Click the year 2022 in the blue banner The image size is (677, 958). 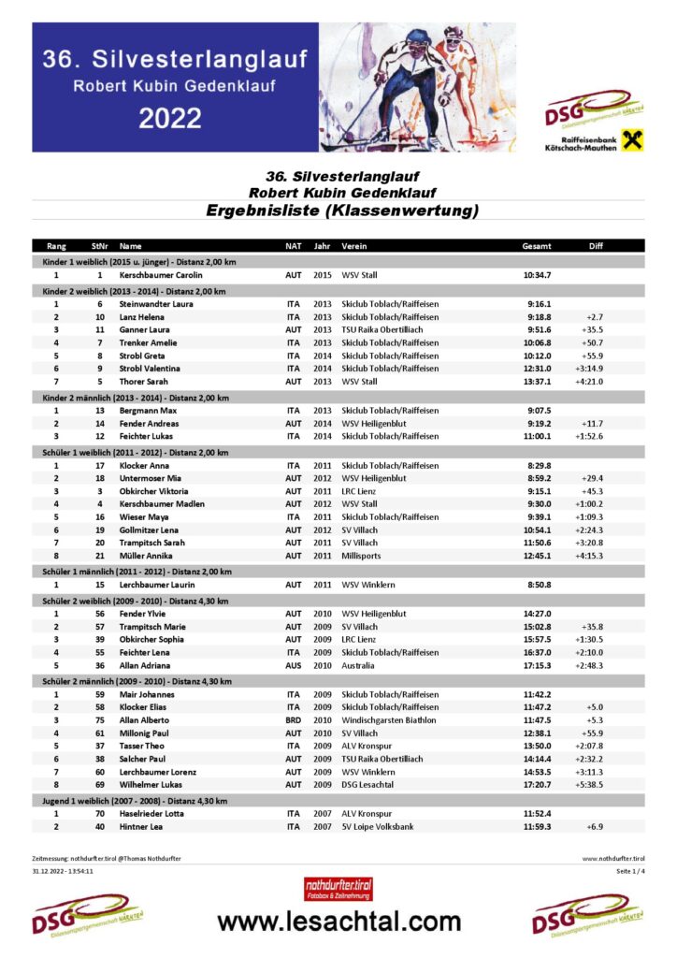coord(170,119)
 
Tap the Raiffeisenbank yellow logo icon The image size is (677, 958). coord(632,140)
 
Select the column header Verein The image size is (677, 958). coord(353,246)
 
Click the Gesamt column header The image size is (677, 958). coord(536,246)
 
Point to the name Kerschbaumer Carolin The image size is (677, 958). coord(160,276)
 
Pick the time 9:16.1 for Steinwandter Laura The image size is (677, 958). coord(539,304)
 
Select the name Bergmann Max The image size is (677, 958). coord(148,411)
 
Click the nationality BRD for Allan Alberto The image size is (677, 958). coord(293,720)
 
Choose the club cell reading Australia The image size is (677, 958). coord(358,665)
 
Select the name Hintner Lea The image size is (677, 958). coord(141,827)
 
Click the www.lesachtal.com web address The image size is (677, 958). coord(338,922)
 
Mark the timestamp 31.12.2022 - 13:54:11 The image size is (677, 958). coord(63,871)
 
